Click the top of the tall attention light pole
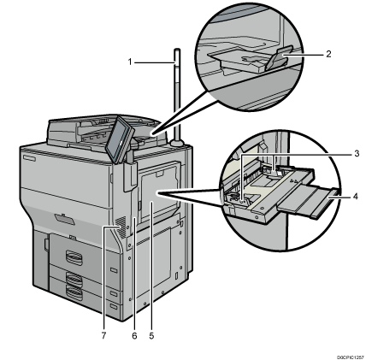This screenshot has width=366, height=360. coord(176,53)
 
